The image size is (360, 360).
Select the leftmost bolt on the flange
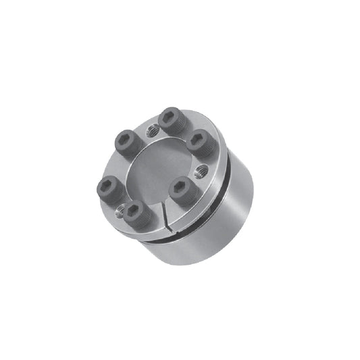(x=107, y=186)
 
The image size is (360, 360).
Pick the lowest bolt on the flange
(x=135, y=211)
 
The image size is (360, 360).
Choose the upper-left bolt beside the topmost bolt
(x=126, y=143)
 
